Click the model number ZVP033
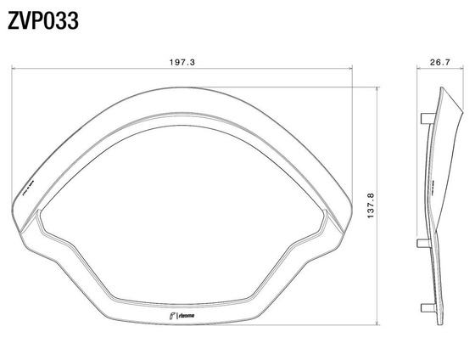(43, 20)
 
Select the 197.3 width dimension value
(182, 62)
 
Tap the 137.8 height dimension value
(366, 204)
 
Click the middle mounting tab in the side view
(421, 243)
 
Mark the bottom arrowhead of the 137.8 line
(377, 324)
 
